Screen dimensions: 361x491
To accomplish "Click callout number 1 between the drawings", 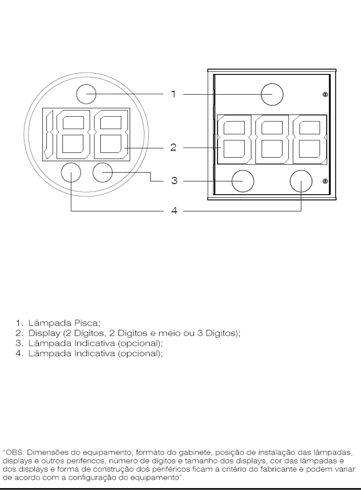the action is pyautogui.click(x=174, y=94).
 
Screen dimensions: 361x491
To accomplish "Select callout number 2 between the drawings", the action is pyautogui.click(x=173, y=147).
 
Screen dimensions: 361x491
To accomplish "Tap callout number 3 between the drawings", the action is pyautogui.click(x=174, y=181).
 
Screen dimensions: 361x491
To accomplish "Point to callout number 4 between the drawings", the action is pyautogui.click(x=174, y=211).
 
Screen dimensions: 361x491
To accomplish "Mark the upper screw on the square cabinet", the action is pyautogui.click(x=325, y=94).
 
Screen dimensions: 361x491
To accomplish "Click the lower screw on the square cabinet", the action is pyautogui.click(x=325, y=181).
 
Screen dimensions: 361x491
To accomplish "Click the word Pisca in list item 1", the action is pyautogui.click(x=87, y=323).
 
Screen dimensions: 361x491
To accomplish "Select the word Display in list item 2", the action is pyautogui.click(x=44, y=333).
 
